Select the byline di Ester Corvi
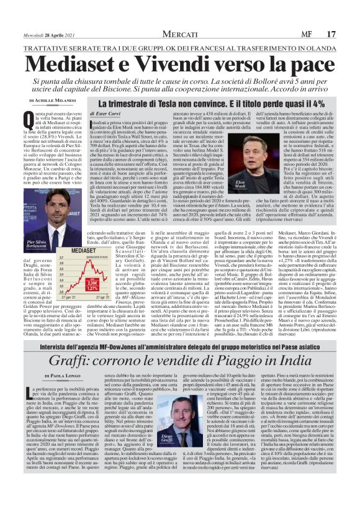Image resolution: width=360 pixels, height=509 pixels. (105, 114)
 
